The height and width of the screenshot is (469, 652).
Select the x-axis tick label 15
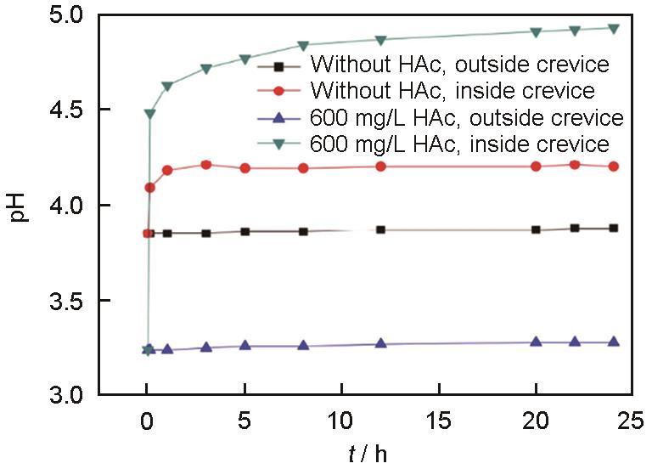click(439, 419)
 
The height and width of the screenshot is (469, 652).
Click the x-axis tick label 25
click(632, 419)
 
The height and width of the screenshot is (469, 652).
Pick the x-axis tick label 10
click(342, 419)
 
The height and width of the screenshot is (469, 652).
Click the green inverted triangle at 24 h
click(613, 28)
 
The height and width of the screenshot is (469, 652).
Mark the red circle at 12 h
click(380, 167)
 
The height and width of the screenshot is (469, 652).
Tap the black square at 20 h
click(536, 229)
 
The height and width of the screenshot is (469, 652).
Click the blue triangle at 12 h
click(380, 343)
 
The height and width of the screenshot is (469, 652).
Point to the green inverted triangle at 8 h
click(303, 45)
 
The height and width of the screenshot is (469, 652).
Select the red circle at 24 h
click(613, 167)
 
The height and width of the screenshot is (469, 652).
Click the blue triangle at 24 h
click(613, 342)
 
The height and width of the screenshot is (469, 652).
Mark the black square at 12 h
click(380, 229)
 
